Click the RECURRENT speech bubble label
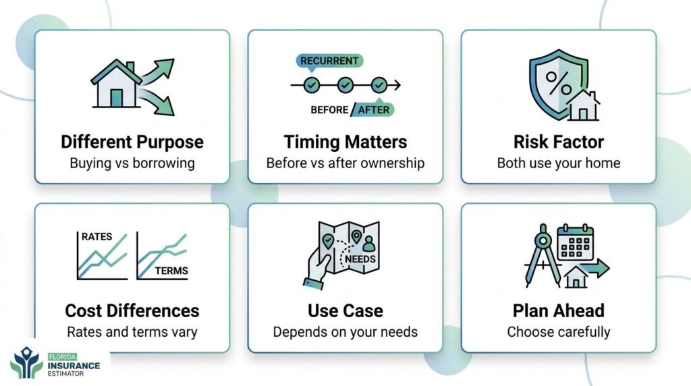coord(329,61)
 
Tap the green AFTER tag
coord(373,110)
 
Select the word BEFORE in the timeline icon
coord(329,110)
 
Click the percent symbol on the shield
coord(559,83)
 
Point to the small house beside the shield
coord(583,106)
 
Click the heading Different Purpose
coord(132,142)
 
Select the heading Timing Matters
coord(345,142)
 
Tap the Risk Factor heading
coord(559,142)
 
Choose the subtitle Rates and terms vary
coord(132,332)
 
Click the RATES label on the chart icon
coord(97,237)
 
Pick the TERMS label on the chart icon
coord(171,271)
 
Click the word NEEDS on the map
coord(360,259)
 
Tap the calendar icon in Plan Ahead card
coord(576,242)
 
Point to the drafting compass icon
coord(543,256)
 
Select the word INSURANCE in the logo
coord(74,366)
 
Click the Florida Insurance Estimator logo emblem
coord(26,362)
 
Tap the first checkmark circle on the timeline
coord(312,85)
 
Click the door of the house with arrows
coord(116,98)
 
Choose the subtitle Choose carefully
coord(559,332)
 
